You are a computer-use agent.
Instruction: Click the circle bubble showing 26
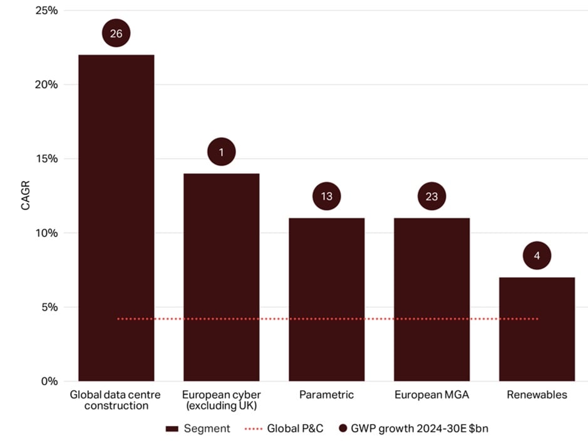[116, 34]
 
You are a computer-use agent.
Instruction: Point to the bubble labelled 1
[221, 152]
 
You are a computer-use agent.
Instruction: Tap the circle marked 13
[326, 196]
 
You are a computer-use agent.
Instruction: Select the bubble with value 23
[431, 196]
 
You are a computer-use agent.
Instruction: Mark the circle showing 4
[537, 256]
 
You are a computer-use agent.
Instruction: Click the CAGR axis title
[26, 195]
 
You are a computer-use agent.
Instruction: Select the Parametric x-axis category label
[326, 395]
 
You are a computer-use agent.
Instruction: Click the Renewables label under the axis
[537, 395]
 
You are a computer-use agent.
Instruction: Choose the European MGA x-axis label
[431, 395]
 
